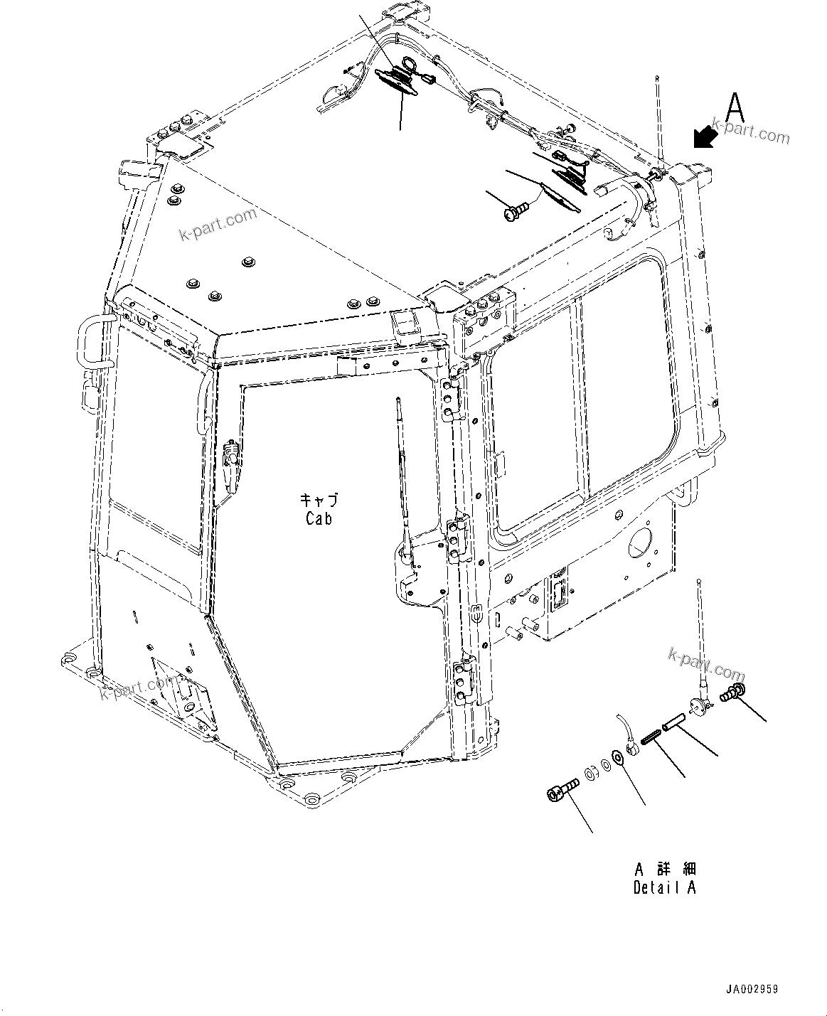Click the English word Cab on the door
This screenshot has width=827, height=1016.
[319, 518]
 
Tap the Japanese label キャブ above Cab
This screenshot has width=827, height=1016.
[319, 501]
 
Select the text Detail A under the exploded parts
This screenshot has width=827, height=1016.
[664, 887]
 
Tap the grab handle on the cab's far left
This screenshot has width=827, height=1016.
[84, 344]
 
